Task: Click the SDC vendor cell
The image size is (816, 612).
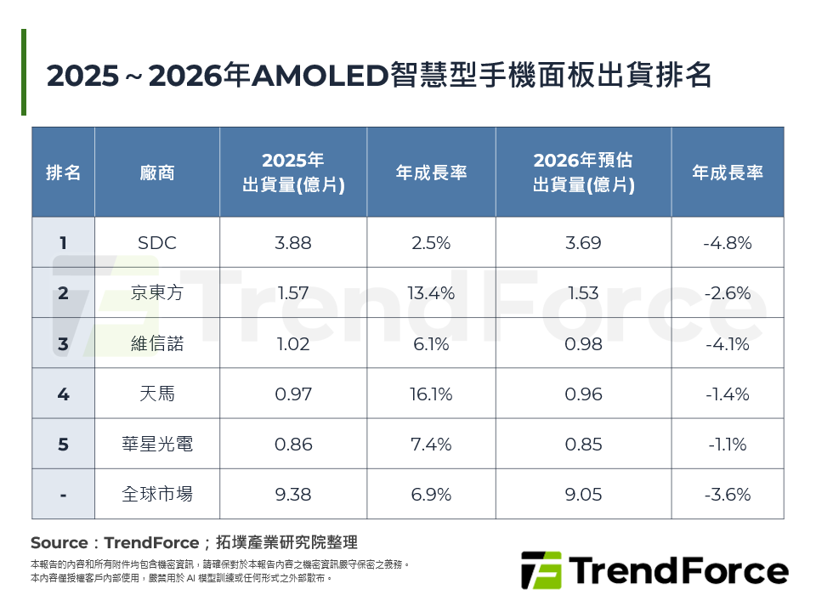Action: [x=157, y=243]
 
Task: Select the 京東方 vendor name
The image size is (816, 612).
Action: [x=157, y=293]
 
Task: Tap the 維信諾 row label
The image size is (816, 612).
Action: [x=157, y=344]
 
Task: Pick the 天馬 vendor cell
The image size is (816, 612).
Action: [x=157, y=394]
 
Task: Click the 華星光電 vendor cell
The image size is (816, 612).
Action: [x=157, y=445]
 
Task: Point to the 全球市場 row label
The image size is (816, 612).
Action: [x=157, y=495]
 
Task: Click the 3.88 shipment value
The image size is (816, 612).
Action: [x=293, y=243]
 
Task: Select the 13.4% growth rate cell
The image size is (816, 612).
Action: [x=431, y=293]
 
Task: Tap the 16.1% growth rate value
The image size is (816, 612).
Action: [x=431, y=394]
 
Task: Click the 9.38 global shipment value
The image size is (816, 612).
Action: [x=293, y=495]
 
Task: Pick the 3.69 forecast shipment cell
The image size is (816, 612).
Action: [x=583, y=243]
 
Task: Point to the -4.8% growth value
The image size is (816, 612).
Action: [x=728, y=243]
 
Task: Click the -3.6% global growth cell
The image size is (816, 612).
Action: [x=728, y=495]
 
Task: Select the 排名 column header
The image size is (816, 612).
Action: [x=64, y=173]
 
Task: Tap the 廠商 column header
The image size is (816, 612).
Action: [x=157, y=173]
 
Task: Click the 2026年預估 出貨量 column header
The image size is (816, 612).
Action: [x=583, y=173]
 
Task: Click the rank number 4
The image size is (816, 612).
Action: [x=64, y=394]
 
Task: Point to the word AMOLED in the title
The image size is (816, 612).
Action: [x=320, y=76]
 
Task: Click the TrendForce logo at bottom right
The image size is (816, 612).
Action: [x=654, y=570]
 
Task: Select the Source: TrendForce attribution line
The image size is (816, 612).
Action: [x=194, y=542]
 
